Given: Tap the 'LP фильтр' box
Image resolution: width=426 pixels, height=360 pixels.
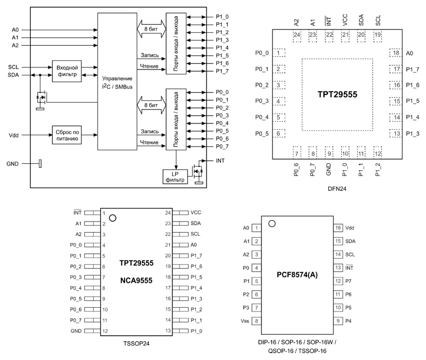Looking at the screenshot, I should coord(175,176).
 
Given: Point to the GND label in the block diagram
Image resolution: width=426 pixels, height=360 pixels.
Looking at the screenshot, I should coord(12,163).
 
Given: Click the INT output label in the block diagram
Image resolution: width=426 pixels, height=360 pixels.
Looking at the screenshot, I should coord(220,161).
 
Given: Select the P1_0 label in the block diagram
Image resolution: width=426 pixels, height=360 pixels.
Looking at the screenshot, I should coord(222,17).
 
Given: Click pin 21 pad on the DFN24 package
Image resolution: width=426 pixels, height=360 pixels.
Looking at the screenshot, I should coord(345,36).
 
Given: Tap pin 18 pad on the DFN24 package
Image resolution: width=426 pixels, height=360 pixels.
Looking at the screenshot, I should coord(396,53).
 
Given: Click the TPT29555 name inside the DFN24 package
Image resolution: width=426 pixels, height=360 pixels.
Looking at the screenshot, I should coord(337,94).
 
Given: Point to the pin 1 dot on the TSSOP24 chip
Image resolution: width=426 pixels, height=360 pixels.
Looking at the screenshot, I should coord(112,218).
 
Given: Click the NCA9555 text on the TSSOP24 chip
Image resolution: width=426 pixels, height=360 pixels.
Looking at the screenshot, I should coord(136,280).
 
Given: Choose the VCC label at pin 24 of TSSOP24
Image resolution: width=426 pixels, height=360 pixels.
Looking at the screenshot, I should coord(196,213).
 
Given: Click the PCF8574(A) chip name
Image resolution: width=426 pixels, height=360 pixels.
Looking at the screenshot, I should coord(298,274).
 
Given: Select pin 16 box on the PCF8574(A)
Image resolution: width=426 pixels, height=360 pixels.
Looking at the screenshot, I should coord(338,228).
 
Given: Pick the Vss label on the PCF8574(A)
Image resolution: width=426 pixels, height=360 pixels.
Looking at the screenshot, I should coord(246,321).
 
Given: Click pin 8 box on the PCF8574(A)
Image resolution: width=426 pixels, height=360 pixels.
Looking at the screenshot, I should coord(257,321).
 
